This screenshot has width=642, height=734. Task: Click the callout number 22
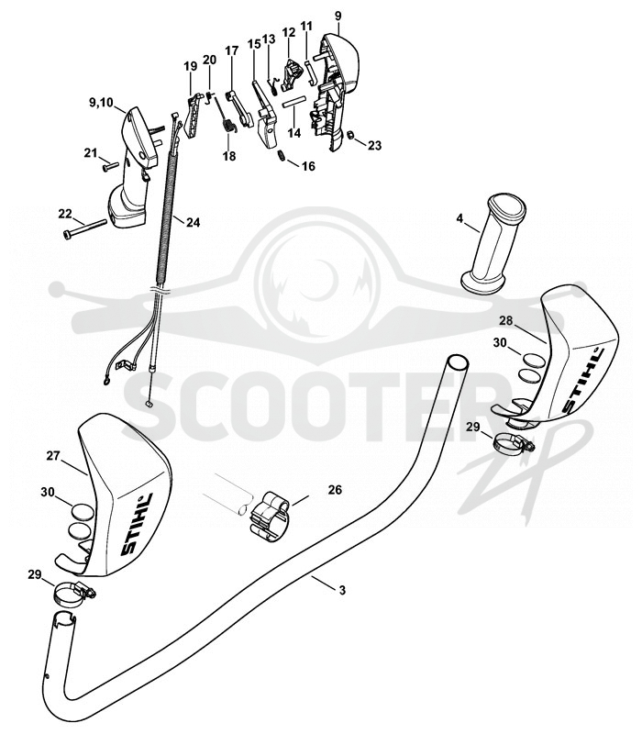(65, 214)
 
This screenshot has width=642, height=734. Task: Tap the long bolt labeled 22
(84, 228)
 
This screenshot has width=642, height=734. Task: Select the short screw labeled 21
(110, 165)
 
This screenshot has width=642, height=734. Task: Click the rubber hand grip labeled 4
(493, 244)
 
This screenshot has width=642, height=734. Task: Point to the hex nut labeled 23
(349, 135)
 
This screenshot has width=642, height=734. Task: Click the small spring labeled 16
(282, 155)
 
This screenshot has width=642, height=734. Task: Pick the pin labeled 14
(293, 102)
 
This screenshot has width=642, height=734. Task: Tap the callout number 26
(335, 490)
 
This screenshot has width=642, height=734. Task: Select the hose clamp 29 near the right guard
(514, 442)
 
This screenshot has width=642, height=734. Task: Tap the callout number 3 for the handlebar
(342, 590)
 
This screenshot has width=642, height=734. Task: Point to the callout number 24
(193, 222)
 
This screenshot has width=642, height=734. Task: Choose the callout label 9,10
(101, 102)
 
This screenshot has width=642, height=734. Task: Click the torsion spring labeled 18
(227, 127)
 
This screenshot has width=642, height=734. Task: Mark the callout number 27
(53, 455)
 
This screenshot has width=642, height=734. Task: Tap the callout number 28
(506, 320)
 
